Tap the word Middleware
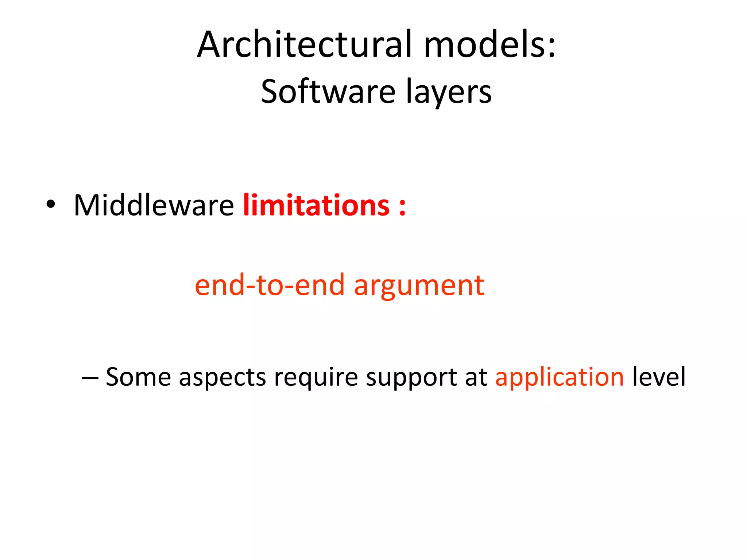click(x=154, y=206)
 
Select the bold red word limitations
click(x=316, y=206)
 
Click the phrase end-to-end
click(x=270, y=285)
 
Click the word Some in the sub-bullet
click(x=138, y=377)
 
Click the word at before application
click(x=476, y=377)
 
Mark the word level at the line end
click(x=659, y=377)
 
